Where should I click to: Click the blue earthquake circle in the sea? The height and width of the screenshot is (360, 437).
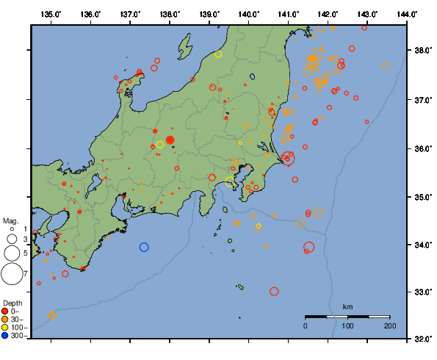(x=144, y=247)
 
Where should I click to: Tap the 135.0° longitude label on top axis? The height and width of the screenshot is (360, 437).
(x=51, y=14)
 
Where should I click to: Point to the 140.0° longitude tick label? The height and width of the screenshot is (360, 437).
(x=248, y=14)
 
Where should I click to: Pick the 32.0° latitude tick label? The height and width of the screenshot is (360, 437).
(x=423, y=339)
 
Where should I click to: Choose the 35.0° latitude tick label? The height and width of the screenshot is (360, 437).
(x=423, y=196)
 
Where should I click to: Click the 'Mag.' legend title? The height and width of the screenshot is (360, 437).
(x=10, y=220)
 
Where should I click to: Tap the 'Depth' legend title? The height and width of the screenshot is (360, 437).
(x=12, y=303)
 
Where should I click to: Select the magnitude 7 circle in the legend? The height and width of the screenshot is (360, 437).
(x=12, y=274)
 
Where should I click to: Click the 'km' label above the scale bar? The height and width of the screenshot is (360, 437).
(x=347, y=306)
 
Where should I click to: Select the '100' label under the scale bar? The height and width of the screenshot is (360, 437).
(x=347, y=325)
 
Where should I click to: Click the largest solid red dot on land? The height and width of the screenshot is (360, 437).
(x=170, y=140)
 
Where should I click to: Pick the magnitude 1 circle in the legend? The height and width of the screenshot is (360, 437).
(x=12, y=230)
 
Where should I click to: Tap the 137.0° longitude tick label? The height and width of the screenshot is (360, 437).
(x=130, y=14)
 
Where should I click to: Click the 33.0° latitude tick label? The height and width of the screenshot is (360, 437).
(x=423, y=292)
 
